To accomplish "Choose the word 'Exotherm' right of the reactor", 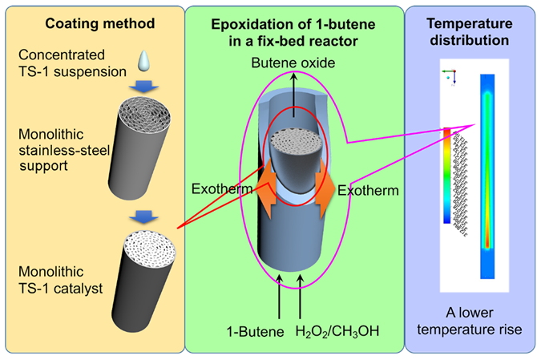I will coord(366,191).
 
